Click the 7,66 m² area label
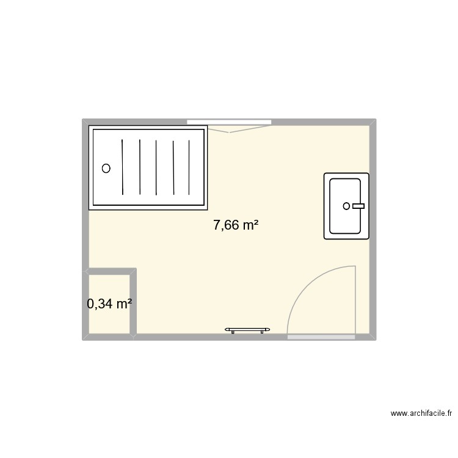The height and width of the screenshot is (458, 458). (236, 225)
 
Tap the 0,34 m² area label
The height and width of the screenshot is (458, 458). (110, 304)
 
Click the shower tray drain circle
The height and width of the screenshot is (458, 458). (106, 169)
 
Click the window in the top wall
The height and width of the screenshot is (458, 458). (229, 122)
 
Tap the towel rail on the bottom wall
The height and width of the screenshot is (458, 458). (247, 330)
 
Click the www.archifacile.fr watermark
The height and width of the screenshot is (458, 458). (421, 413)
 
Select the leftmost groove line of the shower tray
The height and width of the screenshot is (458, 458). (123, 165)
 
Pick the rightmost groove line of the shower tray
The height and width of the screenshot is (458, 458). (189, 165)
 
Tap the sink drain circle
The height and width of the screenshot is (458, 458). (347, 206)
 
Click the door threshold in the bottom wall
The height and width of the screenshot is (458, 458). (321, 336)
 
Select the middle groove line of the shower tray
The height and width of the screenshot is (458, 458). (156, 165)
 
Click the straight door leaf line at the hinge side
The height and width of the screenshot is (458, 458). (355, 300)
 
